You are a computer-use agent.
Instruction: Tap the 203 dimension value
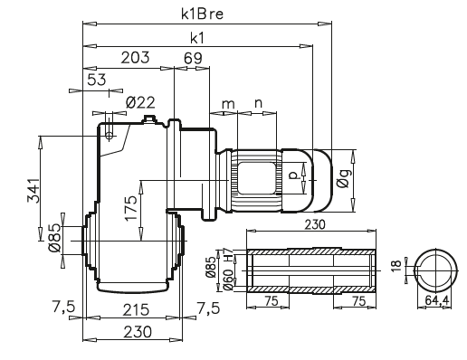point(134,59)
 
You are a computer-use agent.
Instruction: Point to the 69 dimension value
point(192,59)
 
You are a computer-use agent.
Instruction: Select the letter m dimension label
point(227,104)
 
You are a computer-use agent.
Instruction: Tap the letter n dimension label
point(258,104)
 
